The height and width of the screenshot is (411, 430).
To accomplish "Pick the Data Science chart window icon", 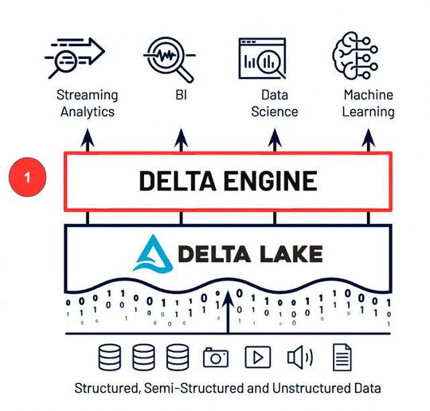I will point(264,54).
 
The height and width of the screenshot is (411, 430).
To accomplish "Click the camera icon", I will point(216,357).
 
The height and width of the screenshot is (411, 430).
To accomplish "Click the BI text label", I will point(180,96).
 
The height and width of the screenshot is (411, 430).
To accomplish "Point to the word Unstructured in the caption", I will point(295,389).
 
